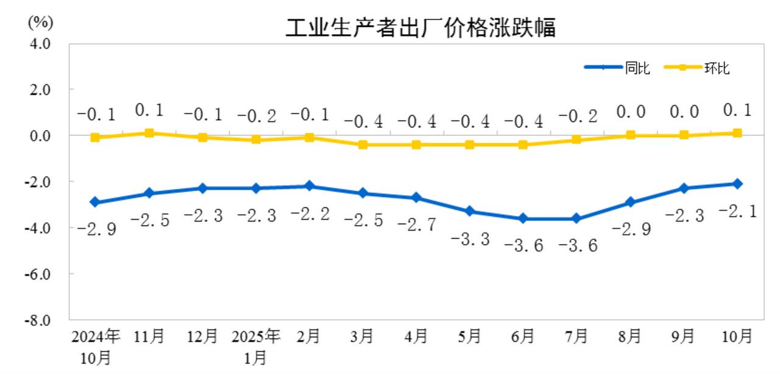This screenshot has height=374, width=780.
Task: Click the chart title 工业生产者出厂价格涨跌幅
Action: click(x=420, y=27)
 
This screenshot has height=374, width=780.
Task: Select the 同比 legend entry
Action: click(x=637, y=68)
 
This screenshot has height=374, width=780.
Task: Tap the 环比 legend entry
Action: click(x=717, y=68)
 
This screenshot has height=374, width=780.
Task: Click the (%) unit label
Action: click(x=40, y=23)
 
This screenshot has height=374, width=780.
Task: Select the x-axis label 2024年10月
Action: click(x=96, y=346)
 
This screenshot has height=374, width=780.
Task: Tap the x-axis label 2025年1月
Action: click(x=256, y=346)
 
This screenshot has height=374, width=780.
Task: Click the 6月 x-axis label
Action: click(x=523, y=336)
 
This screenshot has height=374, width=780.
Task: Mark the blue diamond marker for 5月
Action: click(x=470, y=211)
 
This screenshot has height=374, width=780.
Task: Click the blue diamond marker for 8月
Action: click(x=630, y=202)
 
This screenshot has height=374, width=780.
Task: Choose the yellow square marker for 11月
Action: click(x=149, y=133)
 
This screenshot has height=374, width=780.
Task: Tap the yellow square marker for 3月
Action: click(x=363, y=145)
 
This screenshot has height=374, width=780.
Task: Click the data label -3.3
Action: click(x=470, y=239)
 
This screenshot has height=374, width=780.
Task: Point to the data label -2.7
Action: click(x=417, y=225)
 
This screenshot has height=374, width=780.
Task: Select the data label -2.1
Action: click(x=737, y=212)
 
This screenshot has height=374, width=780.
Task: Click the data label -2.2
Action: click(x=310, y=214)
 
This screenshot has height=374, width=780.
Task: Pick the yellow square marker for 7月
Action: click(x=576, y=140)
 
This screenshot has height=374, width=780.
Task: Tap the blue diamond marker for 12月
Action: click(x=202, y=188)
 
